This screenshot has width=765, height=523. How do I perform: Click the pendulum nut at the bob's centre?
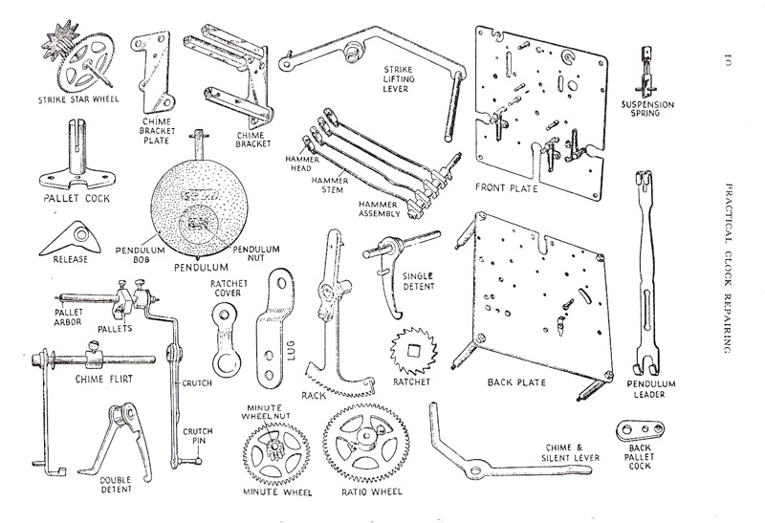tap(201, 224)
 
